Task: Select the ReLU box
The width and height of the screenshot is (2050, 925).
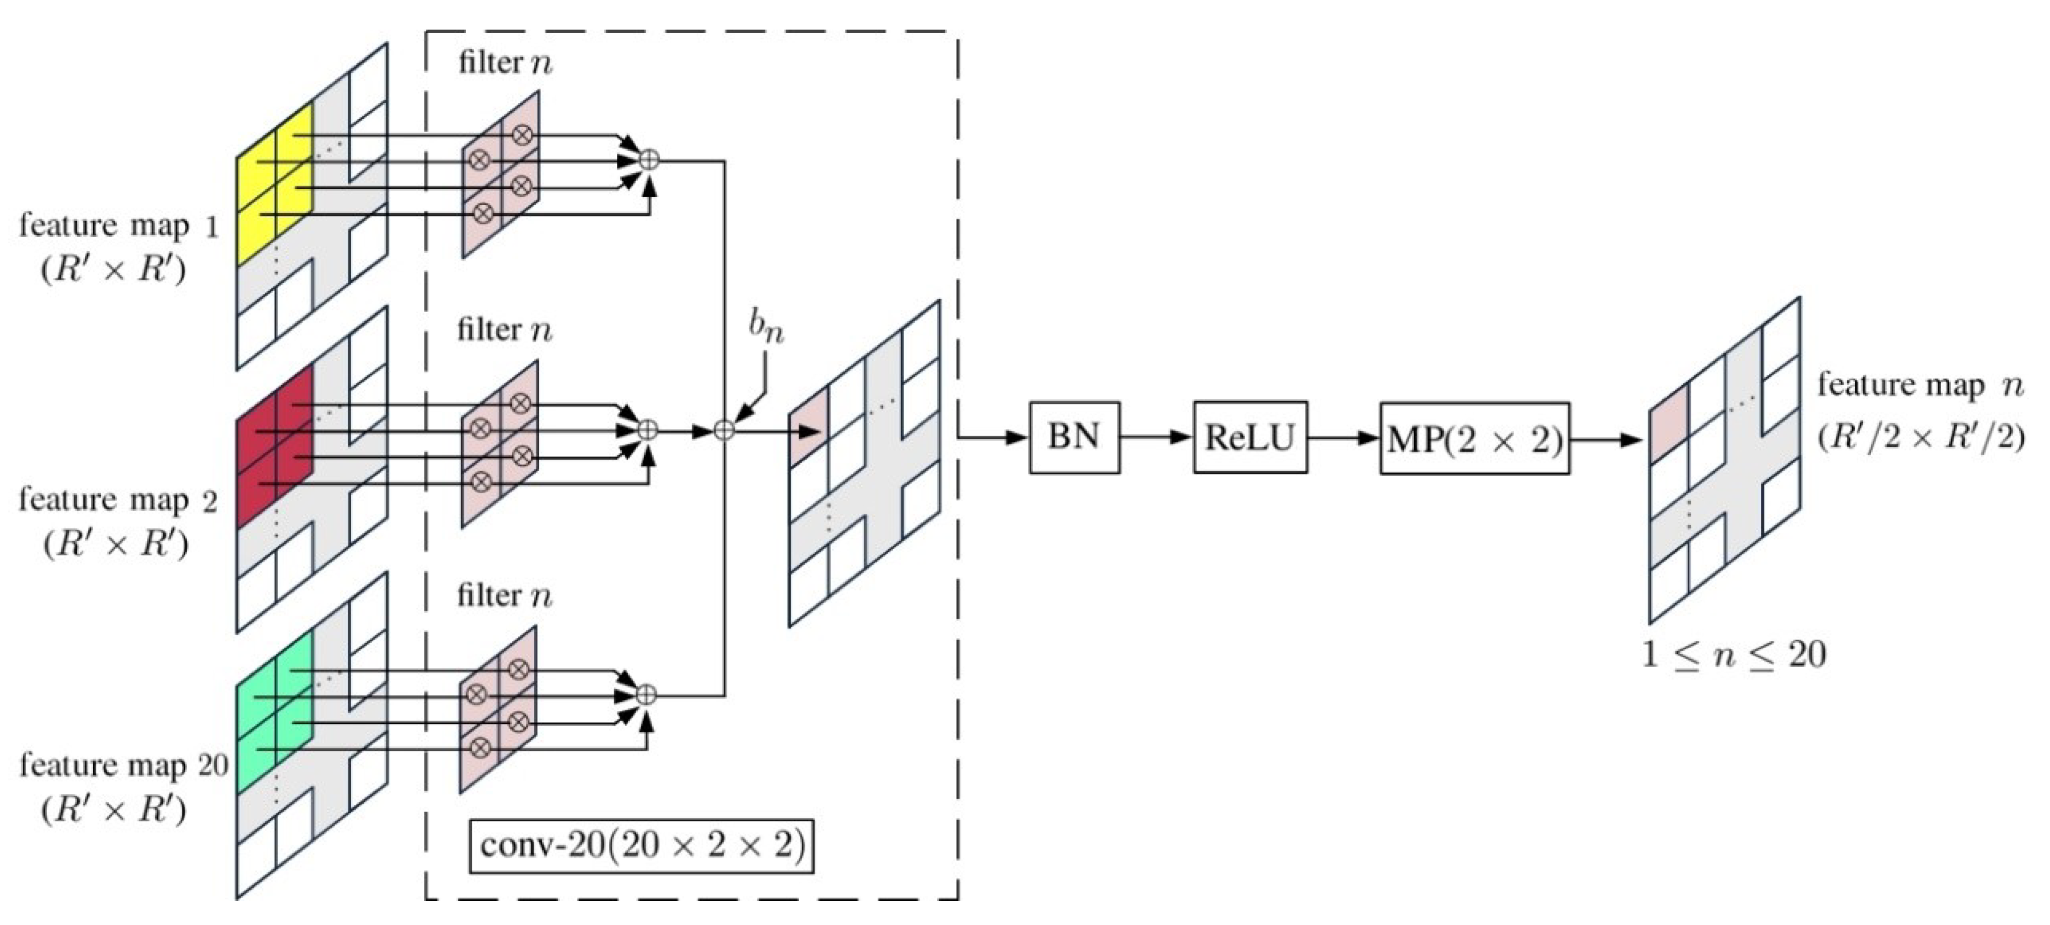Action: [1250, 437]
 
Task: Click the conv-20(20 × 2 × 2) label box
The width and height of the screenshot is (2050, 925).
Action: [641, 845]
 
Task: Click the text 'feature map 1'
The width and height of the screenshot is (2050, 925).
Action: [118, 227]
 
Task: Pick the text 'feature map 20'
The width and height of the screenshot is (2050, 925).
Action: [123, 765]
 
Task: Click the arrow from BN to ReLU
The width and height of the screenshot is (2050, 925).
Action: [1156, 437]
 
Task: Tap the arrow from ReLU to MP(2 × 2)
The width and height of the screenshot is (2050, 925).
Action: [1343, 437]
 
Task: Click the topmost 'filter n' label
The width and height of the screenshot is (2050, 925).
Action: [505, 63]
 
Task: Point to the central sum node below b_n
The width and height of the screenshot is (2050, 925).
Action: [723, 430]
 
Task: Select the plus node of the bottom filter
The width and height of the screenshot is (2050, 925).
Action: [647, 694]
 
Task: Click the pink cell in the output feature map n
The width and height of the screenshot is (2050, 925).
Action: [1668, 425]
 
